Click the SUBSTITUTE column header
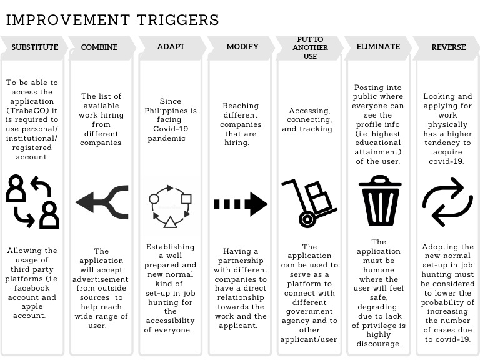click(x=34, y=47)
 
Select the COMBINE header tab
click(x=99, y=47)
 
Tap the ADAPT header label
click(x=171, y=47)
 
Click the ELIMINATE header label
click(x=378, y=47)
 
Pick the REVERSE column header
click(x=448, y=47)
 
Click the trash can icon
click(x=379, y=201)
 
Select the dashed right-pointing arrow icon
click(x=241, y=204)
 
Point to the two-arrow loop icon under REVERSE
click(x=447, y=201)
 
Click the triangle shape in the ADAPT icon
click(x=170, y=221)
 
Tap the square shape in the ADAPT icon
click(x=186, y=199)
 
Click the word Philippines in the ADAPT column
click(x=171, y=111)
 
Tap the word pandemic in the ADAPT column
click(x=167, y=138)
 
